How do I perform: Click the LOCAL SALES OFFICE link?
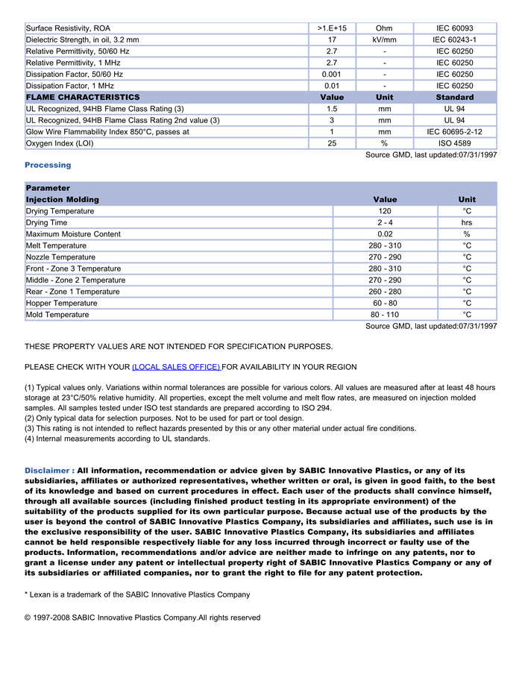click(176, 367)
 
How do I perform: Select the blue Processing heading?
click(48, 165)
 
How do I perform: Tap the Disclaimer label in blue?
click(49, 471)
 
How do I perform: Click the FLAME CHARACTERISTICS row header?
click(83, 98)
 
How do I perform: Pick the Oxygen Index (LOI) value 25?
click(332, 143)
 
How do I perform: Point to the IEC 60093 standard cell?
click(454, 28)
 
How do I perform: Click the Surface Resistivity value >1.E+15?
click(332, 28)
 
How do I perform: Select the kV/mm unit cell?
click(384, 40)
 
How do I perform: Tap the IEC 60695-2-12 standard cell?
click(454, 132)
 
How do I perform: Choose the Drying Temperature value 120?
click(385, 211)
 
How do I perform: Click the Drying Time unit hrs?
click(467, 223)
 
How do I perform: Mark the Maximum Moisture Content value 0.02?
click(385, 234)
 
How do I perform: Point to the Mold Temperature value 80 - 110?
click(385, 315)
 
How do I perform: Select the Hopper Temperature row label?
click(62, 304)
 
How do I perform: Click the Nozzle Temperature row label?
click(60, 257)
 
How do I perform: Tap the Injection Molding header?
click(63, 200)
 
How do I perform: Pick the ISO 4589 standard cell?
click(454, 143)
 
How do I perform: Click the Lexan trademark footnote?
click(137, 594)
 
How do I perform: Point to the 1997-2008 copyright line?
click(142, 618)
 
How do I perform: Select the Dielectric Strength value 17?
click(332, 40)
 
